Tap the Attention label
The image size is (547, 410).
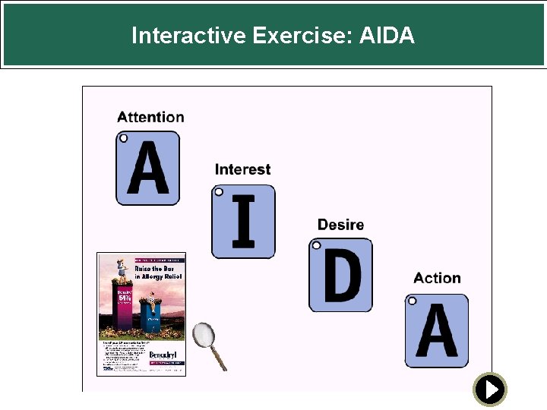(x=150, y=117)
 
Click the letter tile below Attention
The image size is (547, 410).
(x=147, y=168)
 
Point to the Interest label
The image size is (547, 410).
(x=242, y=169)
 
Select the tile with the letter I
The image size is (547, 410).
(x=243, y=221)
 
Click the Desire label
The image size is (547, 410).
(x=340, y=225)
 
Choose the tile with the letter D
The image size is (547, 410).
(x=340, y=275)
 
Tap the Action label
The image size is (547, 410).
(x=437, y=279)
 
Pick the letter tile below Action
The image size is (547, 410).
(x=436, y=330)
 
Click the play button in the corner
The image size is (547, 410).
(x=490, y=389)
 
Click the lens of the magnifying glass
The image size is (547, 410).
(x=203, y=334)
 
